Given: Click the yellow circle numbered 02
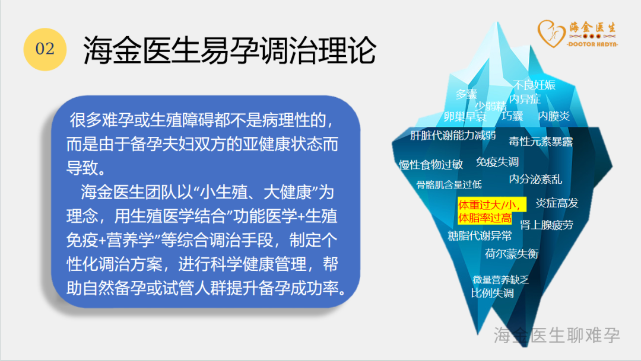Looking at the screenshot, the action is [45, 49].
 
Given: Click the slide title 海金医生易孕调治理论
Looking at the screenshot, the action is [229, 50].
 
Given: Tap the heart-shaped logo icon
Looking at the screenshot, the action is [551, 33].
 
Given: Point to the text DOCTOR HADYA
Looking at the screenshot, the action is [592, 44].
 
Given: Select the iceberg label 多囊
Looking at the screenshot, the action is [467, 94].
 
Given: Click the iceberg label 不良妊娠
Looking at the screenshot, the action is [534, 85].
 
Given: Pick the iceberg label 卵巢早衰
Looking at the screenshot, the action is [465, 117].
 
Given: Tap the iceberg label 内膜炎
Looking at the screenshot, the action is [554, 116].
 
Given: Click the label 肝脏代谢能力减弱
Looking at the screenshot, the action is [453, 135].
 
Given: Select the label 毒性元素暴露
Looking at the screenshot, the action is [541, 142].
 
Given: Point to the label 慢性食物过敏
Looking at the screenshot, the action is [431, 165].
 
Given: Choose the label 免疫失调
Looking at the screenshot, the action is [497, 162].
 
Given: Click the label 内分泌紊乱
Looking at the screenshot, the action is [535, 179].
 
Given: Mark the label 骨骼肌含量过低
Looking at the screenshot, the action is [449, 185].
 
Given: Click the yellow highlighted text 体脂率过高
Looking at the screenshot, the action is [485, 218].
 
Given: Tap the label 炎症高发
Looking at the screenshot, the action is [557, 203].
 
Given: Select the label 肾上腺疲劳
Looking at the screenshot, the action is [547, 225].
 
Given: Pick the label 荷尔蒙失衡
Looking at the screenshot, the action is [512, 254].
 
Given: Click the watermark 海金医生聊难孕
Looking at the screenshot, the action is [557, 336].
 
